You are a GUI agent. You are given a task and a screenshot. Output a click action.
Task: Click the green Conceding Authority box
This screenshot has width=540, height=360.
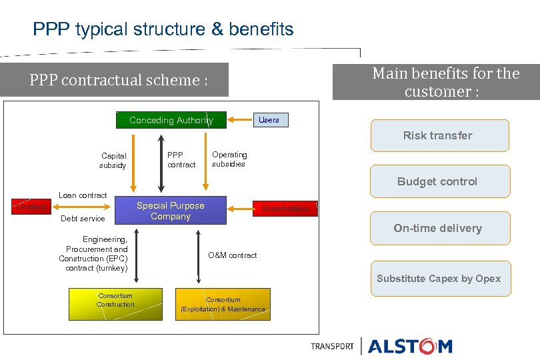[x=171, y=120]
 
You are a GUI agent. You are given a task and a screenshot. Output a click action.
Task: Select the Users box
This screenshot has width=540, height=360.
[x=269, y=120]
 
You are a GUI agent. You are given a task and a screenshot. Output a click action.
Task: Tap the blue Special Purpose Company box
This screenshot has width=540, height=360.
[x=171, y=211]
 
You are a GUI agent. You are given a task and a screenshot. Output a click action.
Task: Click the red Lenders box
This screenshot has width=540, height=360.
[x=31, y=207]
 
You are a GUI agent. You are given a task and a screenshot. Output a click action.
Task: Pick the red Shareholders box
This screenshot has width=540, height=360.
[x=285, y=209]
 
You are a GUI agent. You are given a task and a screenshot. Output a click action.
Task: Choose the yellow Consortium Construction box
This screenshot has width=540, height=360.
[x=115, y=304]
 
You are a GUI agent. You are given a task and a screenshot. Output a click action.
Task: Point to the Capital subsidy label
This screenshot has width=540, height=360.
[x=113, y=161]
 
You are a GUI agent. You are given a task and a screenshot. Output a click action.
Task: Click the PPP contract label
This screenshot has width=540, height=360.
[x=181, y=160]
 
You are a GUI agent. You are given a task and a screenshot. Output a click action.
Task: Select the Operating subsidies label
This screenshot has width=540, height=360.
[x=229, y=159]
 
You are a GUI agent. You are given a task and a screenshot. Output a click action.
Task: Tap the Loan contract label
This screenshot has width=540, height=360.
[x=83, y=195]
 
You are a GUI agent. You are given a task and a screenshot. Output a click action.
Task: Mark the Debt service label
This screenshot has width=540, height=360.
[x=83, y=219]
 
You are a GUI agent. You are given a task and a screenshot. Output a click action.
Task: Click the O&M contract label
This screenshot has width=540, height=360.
[x=232, y=255]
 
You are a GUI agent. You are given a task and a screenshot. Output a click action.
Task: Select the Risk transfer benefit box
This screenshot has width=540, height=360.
[x=439, y=136]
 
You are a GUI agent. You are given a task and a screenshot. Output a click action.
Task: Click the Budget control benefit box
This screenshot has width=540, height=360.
[x=439, y=181]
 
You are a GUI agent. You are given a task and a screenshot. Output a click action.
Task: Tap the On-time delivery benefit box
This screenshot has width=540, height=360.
[x=439, y=228]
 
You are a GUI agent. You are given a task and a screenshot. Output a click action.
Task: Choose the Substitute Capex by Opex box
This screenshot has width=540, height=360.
[x=439, y=279]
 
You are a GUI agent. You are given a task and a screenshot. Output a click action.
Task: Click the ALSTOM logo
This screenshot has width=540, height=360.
[x=410, y=346]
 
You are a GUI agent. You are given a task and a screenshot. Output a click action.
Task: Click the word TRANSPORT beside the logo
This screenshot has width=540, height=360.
[x=332, y=346]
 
